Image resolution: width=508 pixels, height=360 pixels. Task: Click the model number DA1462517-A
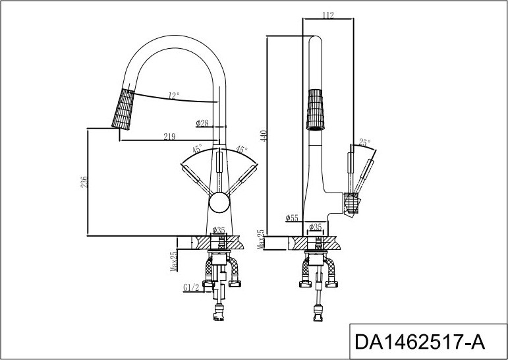tap(420, 342)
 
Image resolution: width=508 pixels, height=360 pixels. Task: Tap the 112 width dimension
tap(328, 15)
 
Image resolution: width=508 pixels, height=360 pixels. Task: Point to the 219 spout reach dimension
tap(169, 136)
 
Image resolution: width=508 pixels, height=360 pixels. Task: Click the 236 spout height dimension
tap(84, 182)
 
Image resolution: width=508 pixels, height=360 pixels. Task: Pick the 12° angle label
tap(174, 96)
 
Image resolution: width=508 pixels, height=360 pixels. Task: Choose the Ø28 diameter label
tap(202, 123)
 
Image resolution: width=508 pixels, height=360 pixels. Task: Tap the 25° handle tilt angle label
tap(364, 142)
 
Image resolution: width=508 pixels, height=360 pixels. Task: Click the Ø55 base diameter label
tap(292, 218)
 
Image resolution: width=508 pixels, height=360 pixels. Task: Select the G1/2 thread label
tap(191, 287)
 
